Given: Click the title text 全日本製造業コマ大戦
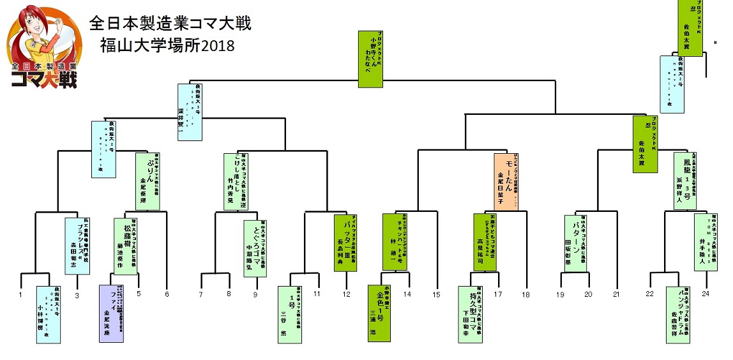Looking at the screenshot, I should (170, 24).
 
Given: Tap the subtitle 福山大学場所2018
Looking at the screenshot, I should (168, 46).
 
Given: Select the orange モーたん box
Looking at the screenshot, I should (506, 181).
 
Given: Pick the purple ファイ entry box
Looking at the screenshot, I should (111, 313).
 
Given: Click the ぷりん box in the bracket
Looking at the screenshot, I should (147, 181).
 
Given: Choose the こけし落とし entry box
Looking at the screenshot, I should (236, 181).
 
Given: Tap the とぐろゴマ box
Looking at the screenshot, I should (255, 248).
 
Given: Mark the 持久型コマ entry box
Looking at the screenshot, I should (471, 313).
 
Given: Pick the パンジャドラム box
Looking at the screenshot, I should (679, 315).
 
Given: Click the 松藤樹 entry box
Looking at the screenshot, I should (125, 246).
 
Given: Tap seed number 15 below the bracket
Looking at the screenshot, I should (436, 294).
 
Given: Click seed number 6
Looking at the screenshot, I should (167, 294).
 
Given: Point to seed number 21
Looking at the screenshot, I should (616, 294).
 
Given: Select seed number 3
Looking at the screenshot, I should (77, 295).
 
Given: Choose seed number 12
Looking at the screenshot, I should (346, 294).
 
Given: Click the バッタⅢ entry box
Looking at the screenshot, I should (345, 243).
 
